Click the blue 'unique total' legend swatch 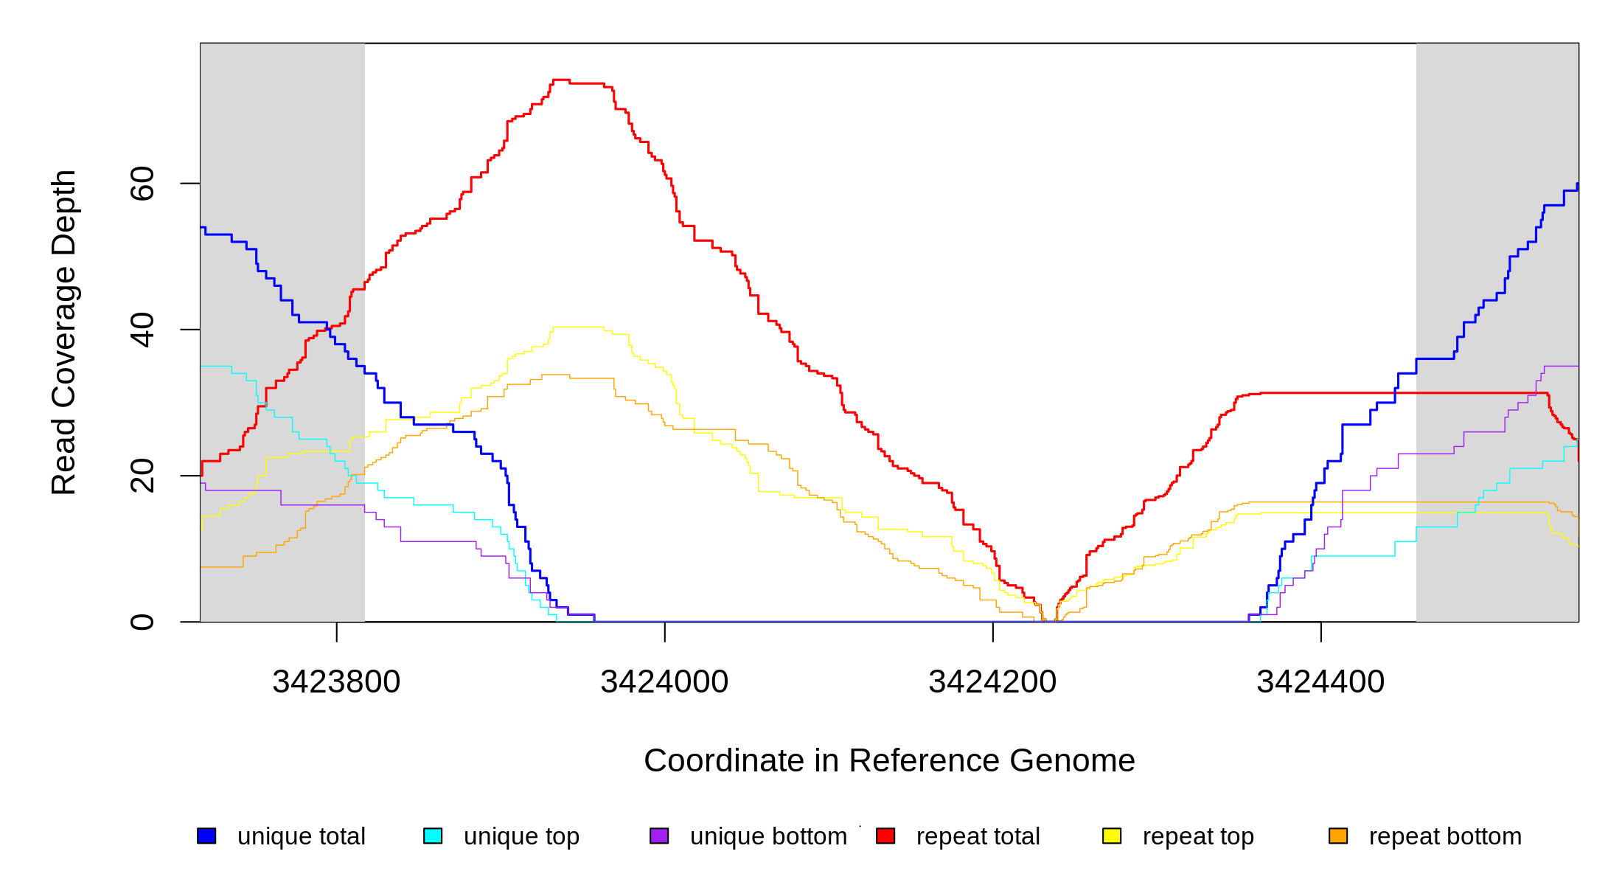pyautogui.click(x=206, y=836)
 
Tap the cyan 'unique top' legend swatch pyautogui.click(x=433, y=836)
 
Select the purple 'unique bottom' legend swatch pyautogui.click(x=659, y=836)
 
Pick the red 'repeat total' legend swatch pyautogui.click(x=885, y=836)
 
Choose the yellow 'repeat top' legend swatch pyautogui.click(x=1112, y=836)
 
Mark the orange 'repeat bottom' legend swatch pyautogui.click(x=1338, y=836)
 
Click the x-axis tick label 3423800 pyautogui.click(x=336, y=682)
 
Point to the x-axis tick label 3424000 pyautogui.click(x=664, y=682)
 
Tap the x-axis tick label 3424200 pyautogui.click(x=992, y=682)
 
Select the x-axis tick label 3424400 pyautogui.click(x=1320, y=682)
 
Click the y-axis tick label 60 pyautogui.click(x=142, y=184)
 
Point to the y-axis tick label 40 pyautogui.click(x=142, y=330)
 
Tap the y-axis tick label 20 pyautogui.click(x=142, y=476)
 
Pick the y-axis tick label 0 pyautogui.click(x=142, y=622)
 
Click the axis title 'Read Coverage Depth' pyautogui.click(x=64, y=332)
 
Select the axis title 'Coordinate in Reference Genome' pyautogui.click(x=889, y=761)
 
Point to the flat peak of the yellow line pyautogui.click(x=579, y=327)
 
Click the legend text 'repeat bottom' pyautogui.click(x=1445, y=836)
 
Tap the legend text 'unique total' pyautogui.click(x=301, y=836)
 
